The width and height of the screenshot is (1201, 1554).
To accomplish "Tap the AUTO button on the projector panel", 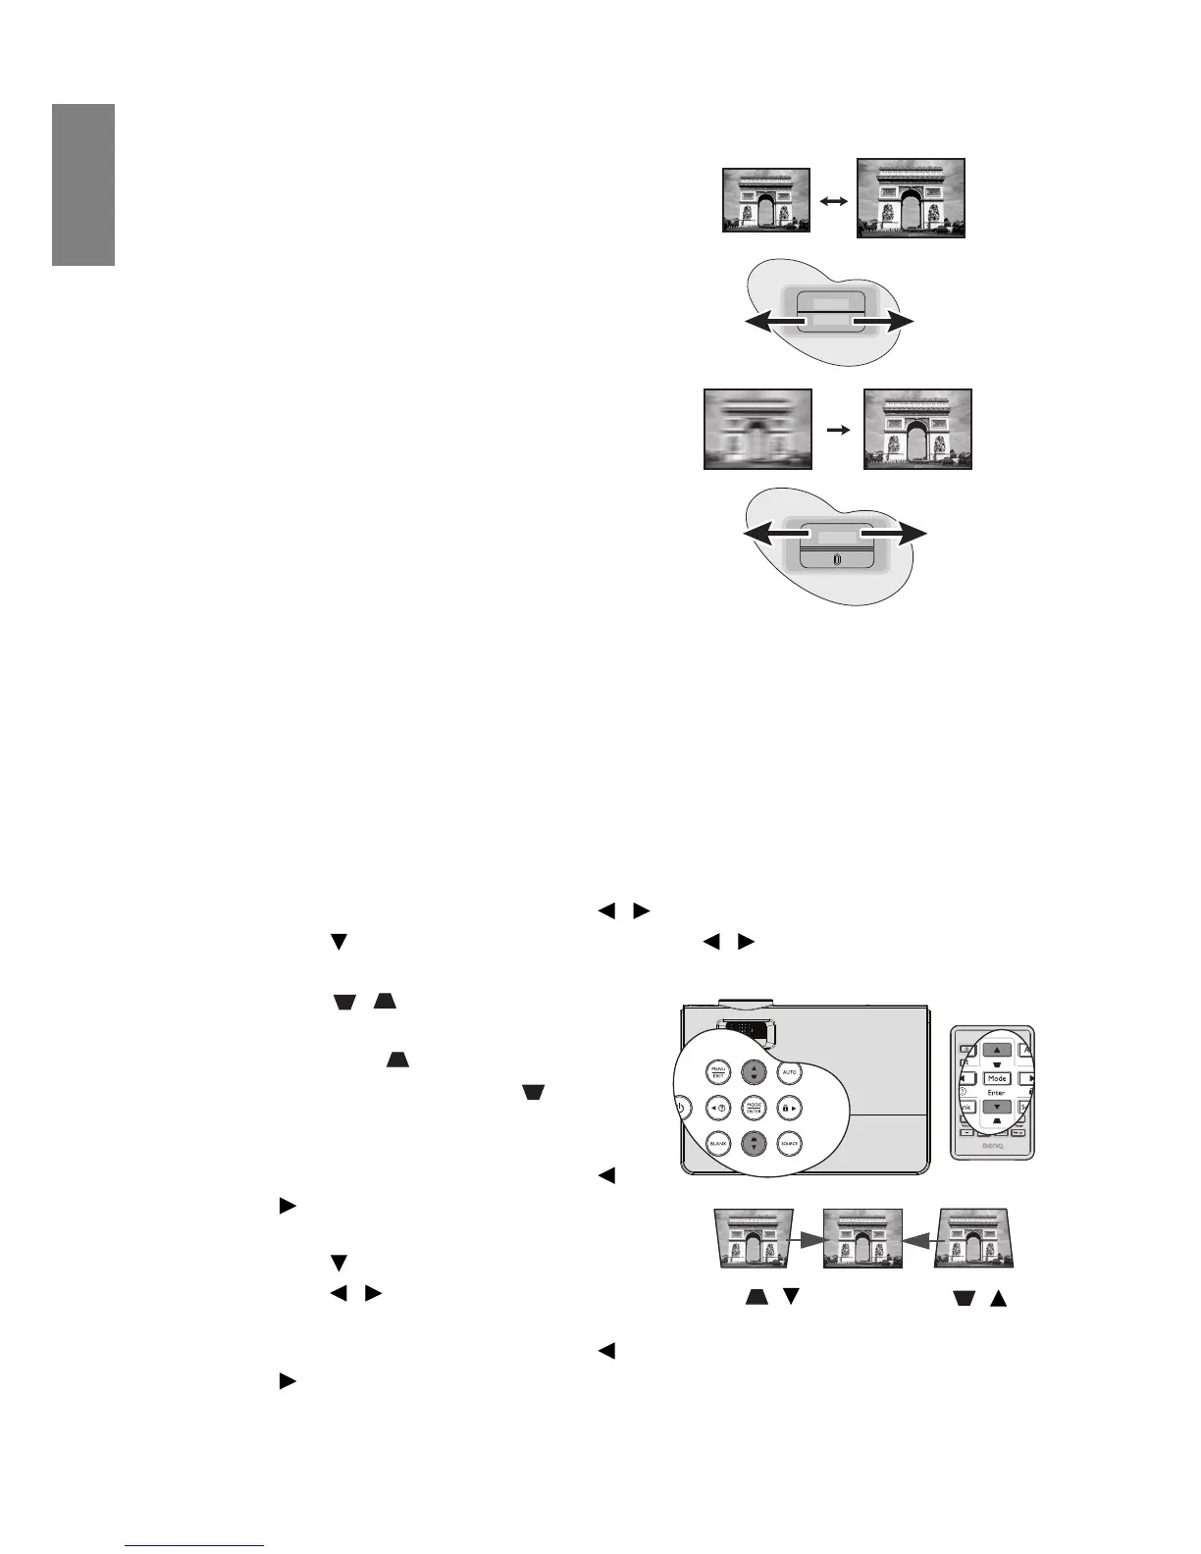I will pos(789,1072).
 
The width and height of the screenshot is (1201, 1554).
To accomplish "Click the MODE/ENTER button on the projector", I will pos(754,1109).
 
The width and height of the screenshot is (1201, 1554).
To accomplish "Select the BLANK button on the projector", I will pos(718,1144).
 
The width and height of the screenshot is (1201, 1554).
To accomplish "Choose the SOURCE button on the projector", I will pos(789,1144).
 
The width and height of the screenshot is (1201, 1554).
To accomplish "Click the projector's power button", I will pos(681,1109).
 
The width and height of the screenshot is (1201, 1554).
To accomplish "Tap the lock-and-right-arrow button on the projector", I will pos(789,1109).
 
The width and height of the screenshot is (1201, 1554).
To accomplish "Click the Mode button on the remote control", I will pos(997,1078).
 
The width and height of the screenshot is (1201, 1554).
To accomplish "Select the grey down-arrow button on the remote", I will pos(997,1107).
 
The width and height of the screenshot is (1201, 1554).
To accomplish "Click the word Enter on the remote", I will pos(996,1092).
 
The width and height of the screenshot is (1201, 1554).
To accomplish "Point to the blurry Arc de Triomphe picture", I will pos(757,430).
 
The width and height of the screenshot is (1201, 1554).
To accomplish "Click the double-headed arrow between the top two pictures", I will pos(833,200).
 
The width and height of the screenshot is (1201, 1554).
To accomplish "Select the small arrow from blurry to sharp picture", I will pos(838,430).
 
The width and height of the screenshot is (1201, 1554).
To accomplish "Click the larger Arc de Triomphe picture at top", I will pos(911,198).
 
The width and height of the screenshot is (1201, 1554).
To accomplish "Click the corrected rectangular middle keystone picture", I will pos(862,1238).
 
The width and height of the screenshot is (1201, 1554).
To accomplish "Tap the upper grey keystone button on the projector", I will pos(754,1072).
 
